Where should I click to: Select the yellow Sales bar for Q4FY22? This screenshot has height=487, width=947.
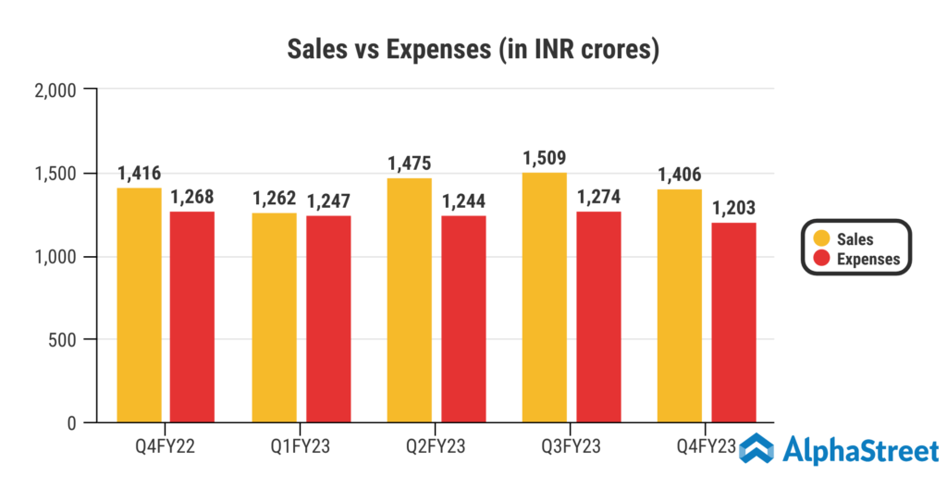tap(139, 305)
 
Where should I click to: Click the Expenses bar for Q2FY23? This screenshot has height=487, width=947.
tap(463, 319)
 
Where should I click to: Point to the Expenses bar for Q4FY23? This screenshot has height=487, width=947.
tap(734, 323)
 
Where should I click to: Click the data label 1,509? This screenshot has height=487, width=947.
tap(544, 158)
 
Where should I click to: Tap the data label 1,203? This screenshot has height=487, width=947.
tap(734, 208)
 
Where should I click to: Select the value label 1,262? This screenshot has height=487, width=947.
tap(274, 199)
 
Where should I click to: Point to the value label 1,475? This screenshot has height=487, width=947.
tap(409, 164)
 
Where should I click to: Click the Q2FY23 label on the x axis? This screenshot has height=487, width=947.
tap(437, 447)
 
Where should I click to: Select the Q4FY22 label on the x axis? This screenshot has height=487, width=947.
tap(166, 447)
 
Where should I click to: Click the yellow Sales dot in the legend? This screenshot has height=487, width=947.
tap(817, 239)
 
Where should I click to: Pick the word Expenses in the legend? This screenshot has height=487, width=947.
tap(867, 260)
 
